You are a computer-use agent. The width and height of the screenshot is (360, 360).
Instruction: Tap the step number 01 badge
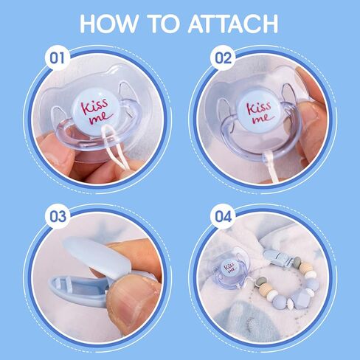click(58, 57)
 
